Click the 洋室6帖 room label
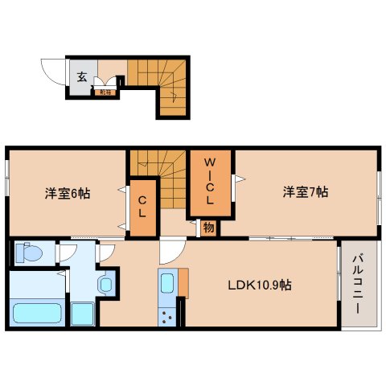(67, 193)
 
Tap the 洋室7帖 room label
(305, 191)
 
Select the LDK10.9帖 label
(258, 285)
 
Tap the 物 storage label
(208, 228)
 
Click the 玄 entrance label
(82, 77)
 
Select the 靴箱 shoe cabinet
(105, 92)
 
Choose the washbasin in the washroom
(105, 284)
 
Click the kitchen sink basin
(167, 283)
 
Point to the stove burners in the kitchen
(168, 314)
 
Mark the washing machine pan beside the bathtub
(82, 312)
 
